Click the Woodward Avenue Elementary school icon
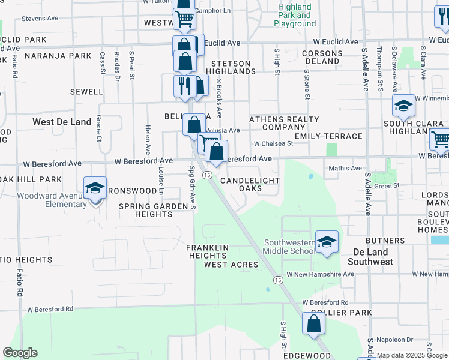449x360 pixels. [95, 188]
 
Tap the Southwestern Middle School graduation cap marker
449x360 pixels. [327, 242]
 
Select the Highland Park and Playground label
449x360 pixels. [295, 15]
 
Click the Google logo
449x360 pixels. [20, 353]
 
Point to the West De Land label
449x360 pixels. [62, 122]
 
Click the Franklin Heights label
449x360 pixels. [207, 251]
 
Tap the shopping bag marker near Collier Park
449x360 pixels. [313, 324]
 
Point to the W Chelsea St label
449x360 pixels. [273, 144]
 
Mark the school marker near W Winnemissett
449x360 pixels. [403, 106]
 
